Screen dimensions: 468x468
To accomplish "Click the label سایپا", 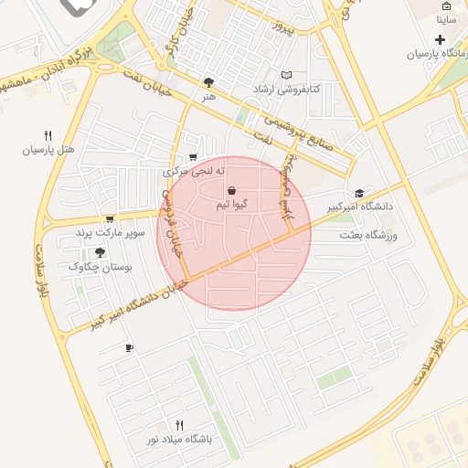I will (446, 18).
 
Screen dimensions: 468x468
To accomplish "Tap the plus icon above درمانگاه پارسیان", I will (441, 39).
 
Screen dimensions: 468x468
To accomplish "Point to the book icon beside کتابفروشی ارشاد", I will (287, 75).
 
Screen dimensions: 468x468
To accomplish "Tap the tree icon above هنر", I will (209, 82).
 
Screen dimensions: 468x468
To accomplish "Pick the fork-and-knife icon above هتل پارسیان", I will (48, 134).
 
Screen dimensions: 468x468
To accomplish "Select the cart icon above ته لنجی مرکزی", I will (192, 157).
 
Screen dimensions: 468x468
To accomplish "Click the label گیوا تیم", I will (229, 204).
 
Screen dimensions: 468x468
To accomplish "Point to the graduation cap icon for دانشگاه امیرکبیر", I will (359, 194).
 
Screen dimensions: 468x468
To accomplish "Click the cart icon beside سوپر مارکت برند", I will (110, 218).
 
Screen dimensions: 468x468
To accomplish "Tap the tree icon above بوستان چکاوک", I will (101, 251).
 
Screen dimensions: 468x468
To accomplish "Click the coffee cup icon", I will (129, 347).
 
